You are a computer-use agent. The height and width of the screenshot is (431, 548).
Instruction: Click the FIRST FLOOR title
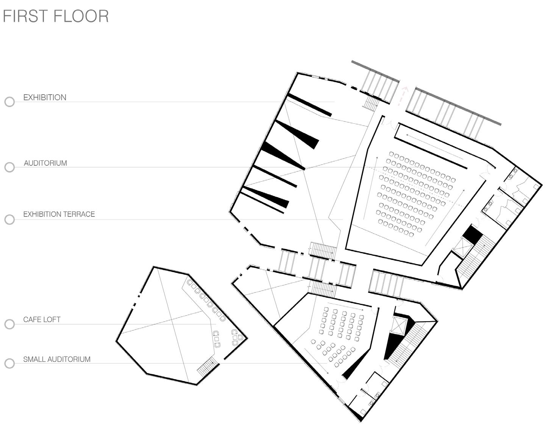[x=56, y=16]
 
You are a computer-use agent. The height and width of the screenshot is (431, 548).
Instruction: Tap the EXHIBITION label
[x=45, y=97]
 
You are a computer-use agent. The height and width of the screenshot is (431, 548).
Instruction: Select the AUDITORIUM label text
[x=45, y=163]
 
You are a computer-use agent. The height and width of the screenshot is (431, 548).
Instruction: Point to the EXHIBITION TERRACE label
[x=59, y=214]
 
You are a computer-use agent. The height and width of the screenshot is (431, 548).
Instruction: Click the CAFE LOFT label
[x=42, y=319]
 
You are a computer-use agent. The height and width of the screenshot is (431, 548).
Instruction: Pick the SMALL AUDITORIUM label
[x=57, y=359]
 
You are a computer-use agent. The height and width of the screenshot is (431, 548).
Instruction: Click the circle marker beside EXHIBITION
[x=9, y=102]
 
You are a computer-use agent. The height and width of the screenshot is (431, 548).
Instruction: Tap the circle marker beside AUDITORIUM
[x=9, y=167]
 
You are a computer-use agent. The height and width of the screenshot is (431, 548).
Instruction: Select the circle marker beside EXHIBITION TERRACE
[x=9, y=219]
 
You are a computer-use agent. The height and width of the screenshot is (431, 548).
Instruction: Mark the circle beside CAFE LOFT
[x=9, y=324]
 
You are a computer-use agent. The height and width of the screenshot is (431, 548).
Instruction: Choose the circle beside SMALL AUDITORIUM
[x=9, y=364]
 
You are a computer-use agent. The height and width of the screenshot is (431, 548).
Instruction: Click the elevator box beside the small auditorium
[x=399, y=325]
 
